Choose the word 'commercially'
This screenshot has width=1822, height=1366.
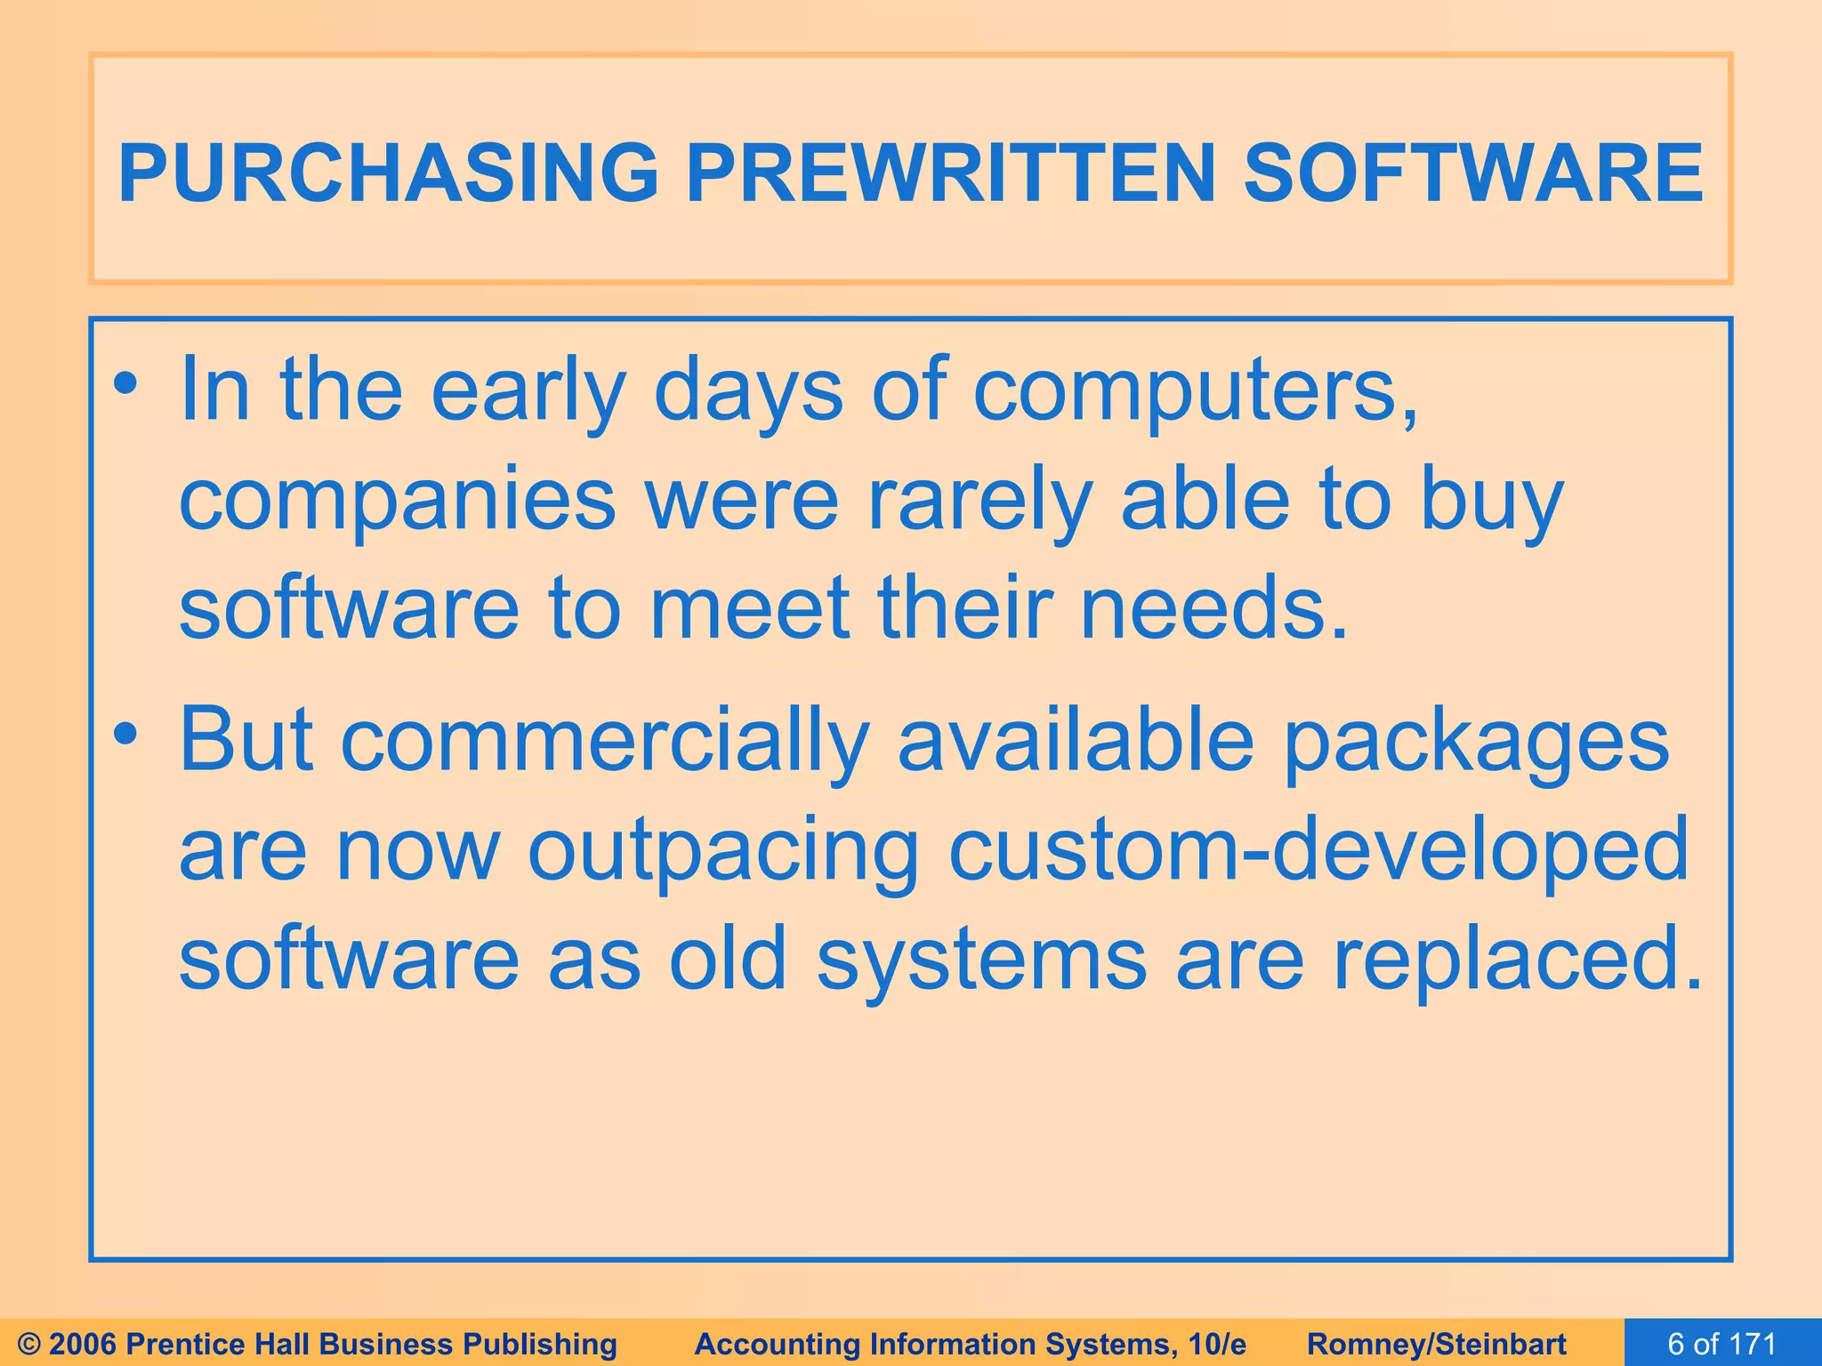(x=605, y=741)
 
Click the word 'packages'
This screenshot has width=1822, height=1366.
(x=1477, y=741)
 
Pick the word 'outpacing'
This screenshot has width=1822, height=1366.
(x=722, y=851)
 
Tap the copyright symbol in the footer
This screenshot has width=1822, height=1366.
(x=29, y=1344)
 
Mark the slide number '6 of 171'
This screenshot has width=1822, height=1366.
(x=1721, y=1343)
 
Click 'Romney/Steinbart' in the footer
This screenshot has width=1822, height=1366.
(x=1437, y=1344)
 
